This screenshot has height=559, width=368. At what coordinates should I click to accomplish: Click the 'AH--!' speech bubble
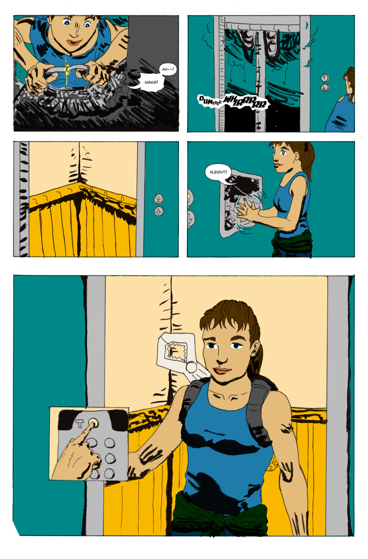pyautogui.click(x=168, y=69)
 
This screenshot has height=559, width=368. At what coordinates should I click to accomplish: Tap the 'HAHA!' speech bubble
pyautogui.click(x=150, y=83)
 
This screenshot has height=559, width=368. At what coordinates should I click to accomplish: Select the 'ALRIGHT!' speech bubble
pyautogui.click(x=218, y=172)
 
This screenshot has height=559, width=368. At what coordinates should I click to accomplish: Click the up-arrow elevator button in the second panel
pyautogui.click(x=325, y=78)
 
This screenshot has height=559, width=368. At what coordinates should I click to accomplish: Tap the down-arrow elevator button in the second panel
pyautogui.click(x=325, y=87)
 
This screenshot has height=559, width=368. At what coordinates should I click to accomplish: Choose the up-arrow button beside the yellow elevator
pyautogui.click(x=159, y=199)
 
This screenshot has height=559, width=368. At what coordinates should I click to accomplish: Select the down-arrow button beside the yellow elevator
pyautogui.click(x=159, y=211)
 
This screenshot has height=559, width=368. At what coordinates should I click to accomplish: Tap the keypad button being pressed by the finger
pyautogui.click(x=93, y=423)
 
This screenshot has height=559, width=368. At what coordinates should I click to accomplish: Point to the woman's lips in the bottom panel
pyautogui.click(x=222, y=370)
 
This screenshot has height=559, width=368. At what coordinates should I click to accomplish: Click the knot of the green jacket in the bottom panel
pyautogui.click(x=217, y=521)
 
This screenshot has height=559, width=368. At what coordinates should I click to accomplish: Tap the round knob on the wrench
pyautogui.click(x=192, y=367)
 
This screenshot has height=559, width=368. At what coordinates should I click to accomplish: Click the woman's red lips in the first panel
pyautogui.click(x=74, y=42)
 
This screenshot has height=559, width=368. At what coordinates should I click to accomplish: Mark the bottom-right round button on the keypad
pyautogui.click(x=110, y=473)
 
